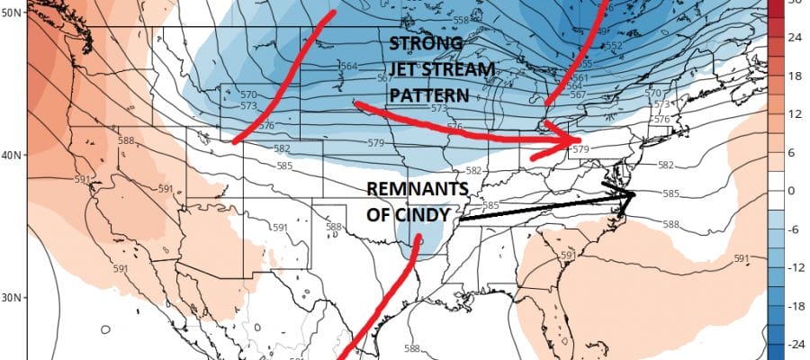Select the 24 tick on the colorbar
point(796,39)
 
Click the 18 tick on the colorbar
point(796,76)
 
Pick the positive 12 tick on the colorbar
point(796,114)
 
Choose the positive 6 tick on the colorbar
point(796,153)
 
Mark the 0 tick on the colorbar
point(796,191)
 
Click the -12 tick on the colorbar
point(796,267)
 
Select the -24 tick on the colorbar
point(796,344)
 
